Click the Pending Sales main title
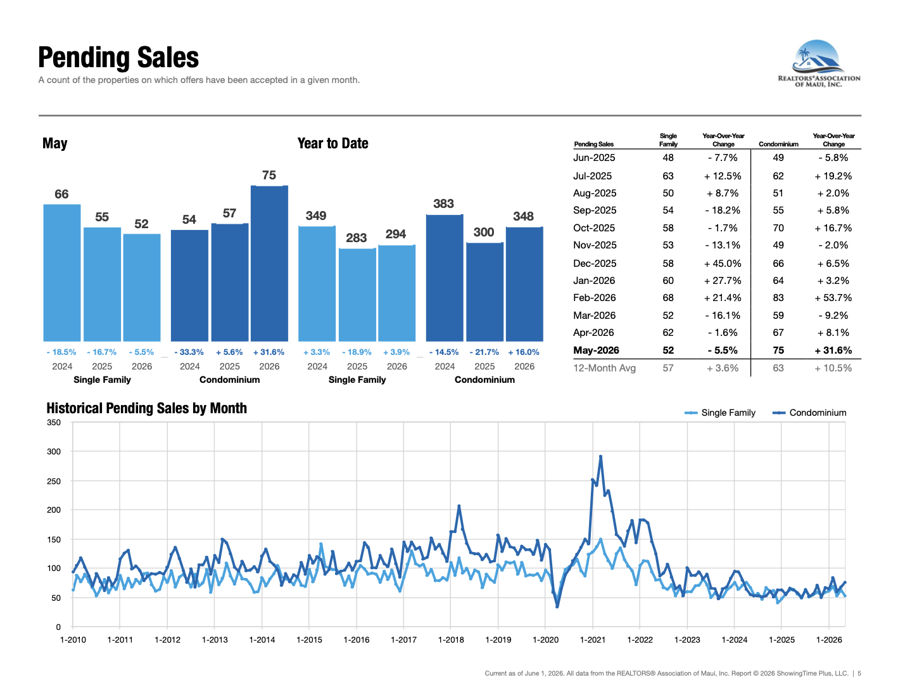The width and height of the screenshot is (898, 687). pos(118,57)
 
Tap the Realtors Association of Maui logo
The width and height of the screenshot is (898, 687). pos(819,63)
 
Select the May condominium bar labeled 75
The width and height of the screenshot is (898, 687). pos(269,263)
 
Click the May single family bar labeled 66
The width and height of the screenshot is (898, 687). pos(62,273)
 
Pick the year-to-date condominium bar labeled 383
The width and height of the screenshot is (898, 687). pos(445,278)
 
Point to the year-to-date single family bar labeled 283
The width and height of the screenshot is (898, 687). pos(357,295)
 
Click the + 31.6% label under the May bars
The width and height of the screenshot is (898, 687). pos(269,352)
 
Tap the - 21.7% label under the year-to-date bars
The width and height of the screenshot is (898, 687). pos(484,352)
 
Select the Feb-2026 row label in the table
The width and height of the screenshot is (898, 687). pos(594,298)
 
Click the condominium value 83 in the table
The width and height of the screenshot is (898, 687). pos(778,298)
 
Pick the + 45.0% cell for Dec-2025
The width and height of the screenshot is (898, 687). pos(722,263)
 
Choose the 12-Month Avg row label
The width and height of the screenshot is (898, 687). pos(604,368)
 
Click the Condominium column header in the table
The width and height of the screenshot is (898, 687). pos(778,144)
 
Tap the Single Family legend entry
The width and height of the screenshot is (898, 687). pos(720,413)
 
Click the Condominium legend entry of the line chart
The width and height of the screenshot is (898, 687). pos(809,413)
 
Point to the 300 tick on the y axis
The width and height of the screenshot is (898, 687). pos(54,452)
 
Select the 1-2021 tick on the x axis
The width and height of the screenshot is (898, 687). pos(592,639)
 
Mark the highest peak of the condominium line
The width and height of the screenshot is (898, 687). pos(600,456)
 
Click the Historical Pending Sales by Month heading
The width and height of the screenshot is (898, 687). pos(146,408)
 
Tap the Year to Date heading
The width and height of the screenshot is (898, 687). pos(332,143)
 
